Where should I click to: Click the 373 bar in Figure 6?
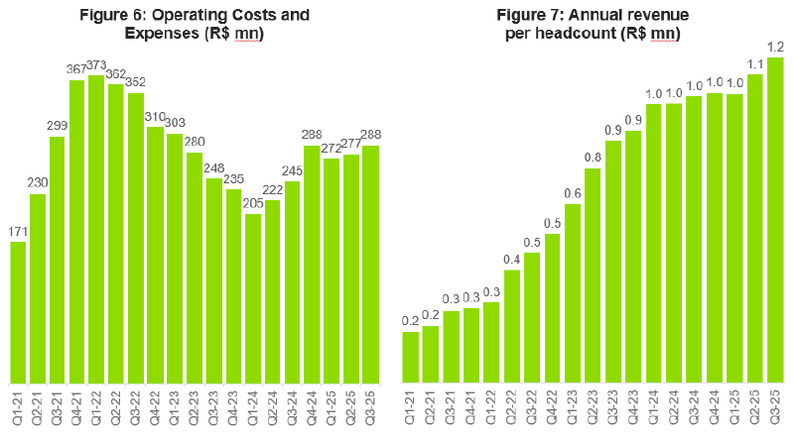tap(96, 229)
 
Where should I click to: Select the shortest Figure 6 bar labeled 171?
tap(18, 312)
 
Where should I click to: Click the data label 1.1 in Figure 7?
tap(755, 63)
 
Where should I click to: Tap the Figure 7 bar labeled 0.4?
tap(512, 326)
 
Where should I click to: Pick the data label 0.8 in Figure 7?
tap(593, 158)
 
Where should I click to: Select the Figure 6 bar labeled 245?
tap(292, 281)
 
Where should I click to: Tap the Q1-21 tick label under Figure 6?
tap(18, 406)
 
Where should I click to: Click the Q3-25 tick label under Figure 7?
tap(776, 406)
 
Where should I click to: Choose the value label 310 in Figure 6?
tap(155, 116)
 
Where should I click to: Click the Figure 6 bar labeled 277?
tap(350, 269)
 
